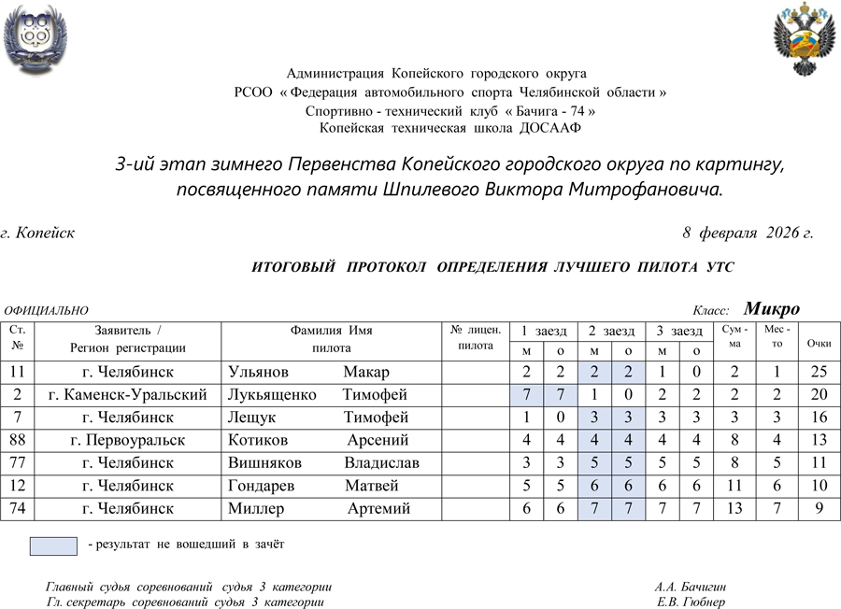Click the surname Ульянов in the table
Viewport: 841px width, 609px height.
(259, 373)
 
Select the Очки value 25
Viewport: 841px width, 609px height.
(820, 373)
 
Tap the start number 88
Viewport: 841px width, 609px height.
(18, 440)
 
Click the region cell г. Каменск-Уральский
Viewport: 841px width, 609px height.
(128, 395)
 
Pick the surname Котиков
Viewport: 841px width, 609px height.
(258, 440)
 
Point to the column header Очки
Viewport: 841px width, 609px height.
(820, 343)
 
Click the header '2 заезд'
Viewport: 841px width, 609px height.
(611, 331)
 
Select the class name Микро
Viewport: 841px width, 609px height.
(771, 309)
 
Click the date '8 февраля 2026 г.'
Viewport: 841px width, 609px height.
(748, 233)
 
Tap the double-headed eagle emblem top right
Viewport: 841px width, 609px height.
(801, 38)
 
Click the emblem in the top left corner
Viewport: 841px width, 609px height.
(35, 38)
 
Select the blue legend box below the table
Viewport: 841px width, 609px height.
(53, 545)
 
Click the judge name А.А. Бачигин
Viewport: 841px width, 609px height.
(691, 588)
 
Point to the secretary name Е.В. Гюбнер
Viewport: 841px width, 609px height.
(691, 602)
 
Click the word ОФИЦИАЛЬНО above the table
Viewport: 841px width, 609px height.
(47, 311)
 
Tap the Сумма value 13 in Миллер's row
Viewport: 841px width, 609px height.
(734, 508)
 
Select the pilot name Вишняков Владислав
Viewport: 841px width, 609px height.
(323, 462)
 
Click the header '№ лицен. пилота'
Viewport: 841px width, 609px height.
(476, 337)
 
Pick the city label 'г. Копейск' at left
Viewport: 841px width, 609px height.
(38, 233)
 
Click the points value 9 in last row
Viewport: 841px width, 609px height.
(820, 508)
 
